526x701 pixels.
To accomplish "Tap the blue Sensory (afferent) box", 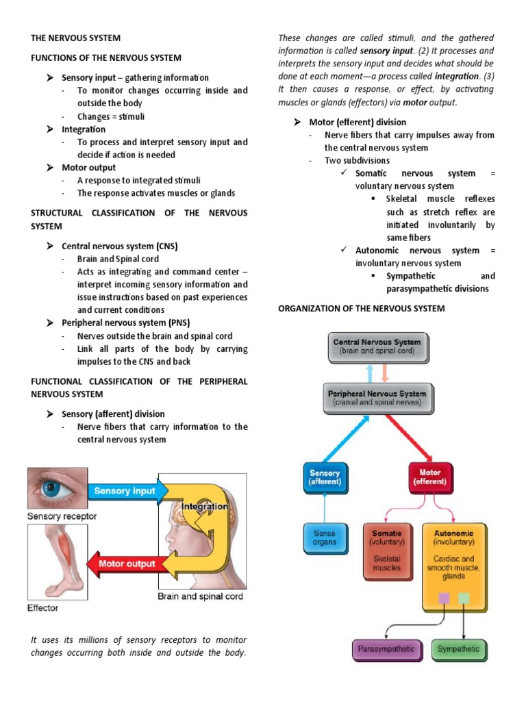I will coord(324,477).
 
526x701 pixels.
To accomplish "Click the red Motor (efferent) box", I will coord(430,477).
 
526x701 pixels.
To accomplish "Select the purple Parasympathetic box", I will coord(387,648).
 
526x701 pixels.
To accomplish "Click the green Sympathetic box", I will coord(459,648).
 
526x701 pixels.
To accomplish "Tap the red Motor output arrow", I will coord(123,564).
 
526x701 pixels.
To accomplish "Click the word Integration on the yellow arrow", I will coord(205,507).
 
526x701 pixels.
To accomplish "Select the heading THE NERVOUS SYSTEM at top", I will coord(75,38).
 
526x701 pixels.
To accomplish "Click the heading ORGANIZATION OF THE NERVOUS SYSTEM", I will coord(361,309).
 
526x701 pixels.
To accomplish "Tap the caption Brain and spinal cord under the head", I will coord(200,596).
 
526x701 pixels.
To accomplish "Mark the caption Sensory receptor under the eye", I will coord(62,515).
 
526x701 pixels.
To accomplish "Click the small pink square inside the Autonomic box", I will coord(444,598).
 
